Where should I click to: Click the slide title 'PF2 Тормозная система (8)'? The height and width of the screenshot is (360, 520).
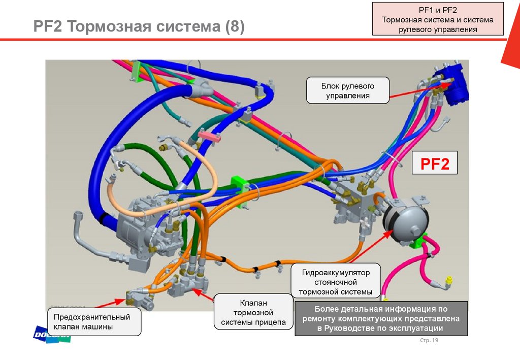point(139,26)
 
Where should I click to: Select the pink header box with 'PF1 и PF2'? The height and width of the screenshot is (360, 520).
point(438,19)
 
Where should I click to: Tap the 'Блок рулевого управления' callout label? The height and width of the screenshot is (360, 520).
point(348,90)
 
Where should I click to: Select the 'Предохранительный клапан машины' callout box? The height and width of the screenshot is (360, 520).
point(94,322)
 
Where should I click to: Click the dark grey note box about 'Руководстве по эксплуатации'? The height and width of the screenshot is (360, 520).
point(381,318)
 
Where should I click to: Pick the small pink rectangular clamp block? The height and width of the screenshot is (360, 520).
point(209,136)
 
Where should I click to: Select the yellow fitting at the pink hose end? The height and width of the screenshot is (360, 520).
point(448,280)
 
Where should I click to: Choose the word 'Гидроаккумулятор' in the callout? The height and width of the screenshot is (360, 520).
point(336,273)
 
